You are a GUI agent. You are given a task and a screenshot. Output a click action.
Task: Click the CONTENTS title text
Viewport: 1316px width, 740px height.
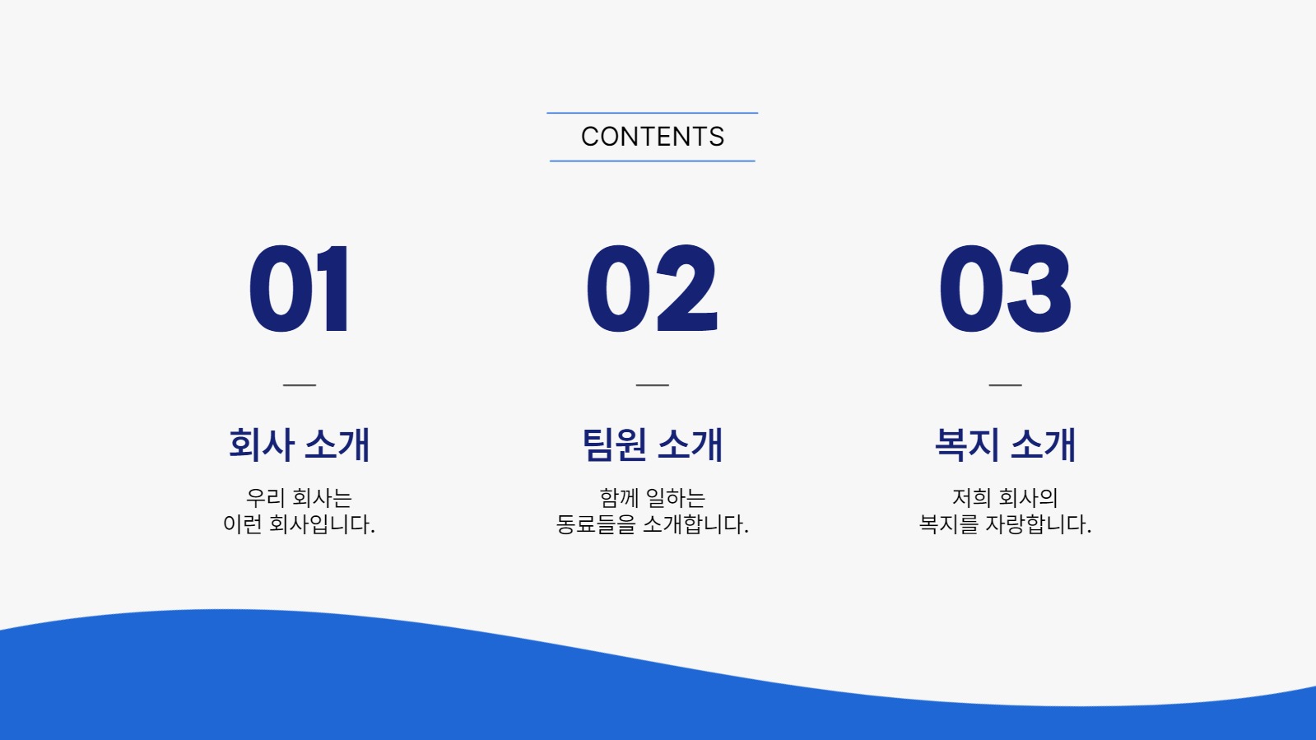point(653,137)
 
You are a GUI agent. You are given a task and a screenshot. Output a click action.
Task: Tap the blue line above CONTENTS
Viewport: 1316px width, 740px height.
point(652,113)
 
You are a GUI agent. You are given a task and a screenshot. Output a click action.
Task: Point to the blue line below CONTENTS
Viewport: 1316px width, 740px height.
point(652,161)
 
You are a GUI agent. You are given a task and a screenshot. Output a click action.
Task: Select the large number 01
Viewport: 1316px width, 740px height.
point(300,290)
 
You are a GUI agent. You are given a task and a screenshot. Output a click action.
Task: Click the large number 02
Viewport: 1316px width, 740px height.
point(652,290)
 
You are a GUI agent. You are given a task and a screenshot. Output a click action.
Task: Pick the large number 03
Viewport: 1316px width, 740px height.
point(1005,290)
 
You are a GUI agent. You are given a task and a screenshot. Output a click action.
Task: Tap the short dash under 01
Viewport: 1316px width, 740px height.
point(300,384)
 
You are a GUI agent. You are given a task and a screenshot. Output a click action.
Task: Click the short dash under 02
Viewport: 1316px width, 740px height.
point(653,384)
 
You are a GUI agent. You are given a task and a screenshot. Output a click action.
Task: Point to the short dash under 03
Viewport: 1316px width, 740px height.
point(1005,384)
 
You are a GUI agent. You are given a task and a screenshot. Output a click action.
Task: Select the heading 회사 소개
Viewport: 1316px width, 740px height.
point(300,444)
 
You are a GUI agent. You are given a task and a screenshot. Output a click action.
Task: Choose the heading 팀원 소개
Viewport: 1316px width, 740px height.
point(653,444)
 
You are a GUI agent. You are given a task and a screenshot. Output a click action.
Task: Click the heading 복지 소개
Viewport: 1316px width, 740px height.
point(1005,444)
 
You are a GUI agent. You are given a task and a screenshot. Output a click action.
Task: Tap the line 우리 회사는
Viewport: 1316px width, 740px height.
point(300,497)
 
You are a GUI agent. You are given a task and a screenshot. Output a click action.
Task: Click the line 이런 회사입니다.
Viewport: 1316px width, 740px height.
point(300,524)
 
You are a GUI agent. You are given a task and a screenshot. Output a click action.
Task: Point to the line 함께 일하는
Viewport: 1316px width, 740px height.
point(653,497)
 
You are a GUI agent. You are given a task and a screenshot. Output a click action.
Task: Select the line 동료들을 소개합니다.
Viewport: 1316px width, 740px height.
point(653,524)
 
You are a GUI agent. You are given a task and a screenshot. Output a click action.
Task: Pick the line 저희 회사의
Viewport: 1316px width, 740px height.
point(1005,497)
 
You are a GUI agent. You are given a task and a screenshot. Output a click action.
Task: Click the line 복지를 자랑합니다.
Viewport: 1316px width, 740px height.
point(1005,524)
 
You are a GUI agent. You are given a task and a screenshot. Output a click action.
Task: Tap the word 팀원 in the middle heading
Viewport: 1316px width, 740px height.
point(614,444)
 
